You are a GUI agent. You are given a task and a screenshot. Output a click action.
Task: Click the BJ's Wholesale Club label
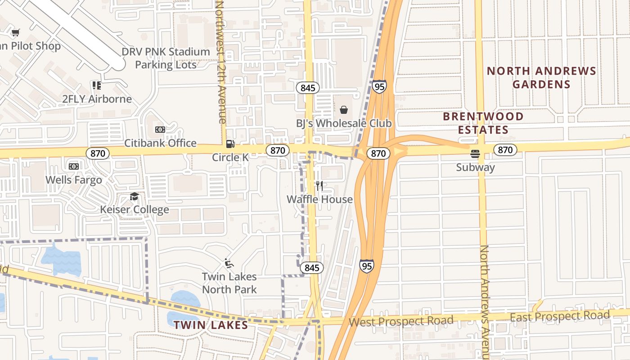[344, 123]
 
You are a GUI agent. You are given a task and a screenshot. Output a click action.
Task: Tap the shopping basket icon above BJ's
[344, 110]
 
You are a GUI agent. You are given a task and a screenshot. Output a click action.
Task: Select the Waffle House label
[319, 199]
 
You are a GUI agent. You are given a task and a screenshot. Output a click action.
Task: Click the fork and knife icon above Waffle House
[319, 186]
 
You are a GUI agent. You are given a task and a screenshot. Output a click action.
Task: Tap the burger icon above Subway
[475, 154]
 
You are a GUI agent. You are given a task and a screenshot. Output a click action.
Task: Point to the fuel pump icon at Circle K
[230, 144]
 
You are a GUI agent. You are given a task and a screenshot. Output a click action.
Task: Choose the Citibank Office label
[160, 143]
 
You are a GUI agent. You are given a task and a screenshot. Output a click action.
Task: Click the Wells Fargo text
[74, 180]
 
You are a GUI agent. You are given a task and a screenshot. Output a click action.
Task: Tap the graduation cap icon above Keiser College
[134, 196]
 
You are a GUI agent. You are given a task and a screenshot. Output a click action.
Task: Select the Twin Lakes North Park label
[229, 283]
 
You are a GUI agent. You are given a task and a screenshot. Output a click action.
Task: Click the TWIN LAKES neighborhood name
[211, 325]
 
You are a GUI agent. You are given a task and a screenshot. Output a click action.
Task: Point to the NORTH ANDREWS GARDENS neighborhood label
[541, 77]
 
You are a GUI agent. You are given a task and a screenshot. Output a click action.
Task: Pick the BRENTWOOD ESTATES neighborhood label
[483, 123]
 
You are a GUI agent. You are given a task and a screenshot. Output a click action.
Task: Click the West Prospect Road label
[401, 321]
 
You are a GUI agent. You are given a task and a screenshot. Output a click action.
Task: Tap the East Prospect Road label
[559, 316]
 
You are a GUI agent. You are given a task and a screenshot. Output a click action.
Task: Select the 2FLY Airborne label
[97, 99]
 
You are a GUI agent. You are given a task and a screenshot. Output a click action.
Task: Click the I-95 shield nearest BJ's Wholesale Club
[379, 86]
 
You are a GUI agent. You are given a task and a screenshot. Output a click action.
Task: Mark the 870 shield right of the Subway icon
[505, 150]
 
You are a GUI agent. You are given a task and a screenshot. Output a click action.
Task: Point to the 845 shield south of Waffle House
[311, 268]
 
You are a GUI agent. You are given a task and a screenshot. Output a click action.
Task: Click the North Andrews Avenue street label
[485, 301]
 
